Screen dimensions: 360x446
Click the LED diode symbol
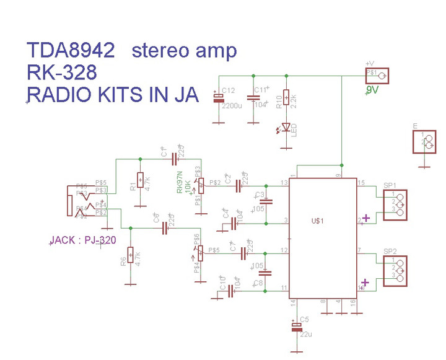(x=286, y=128)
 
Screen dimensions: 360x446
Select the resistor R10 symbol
(x=286, y=98)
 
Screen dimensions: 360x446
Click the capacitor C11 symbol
(x=253, y=98)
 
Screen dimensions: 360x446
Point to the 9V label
(x=372, y=90)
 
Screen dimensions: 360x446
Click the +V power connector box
(x=378, y=76)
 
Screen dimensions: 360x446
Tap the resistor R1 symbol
(x=141, y=180)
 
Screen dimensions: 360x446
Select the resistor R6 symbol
(x=130, y=255)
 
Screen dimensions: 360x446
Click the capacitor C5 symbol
(x=295, y=327)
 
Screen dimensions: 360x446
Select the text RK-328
(x=62, y=73)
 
